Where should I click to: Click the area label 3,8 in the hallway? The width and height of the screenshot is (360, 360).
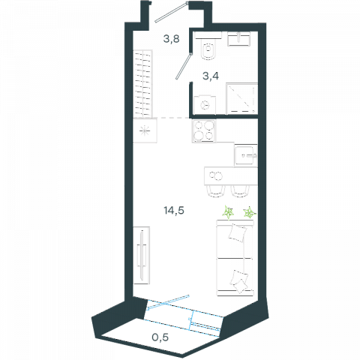(x=172, y=39)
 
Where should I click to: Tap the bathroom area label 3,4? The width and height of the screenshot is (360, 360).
(x=211, y=76)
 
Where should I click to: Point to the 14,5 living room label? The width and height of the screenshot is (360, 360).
(x=174, y=211)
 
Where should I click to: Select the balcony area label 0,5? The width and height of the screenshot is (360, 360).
(x=160, y=337)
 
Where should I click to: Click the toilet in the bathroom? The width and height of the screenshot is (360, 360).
(x=208, y=49)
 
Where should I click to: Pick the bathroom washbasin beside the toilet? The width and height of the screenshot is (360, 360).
(x=238, y=39)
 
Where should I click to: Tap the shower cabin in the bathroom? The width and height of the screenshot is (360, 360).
(x=241, y=99)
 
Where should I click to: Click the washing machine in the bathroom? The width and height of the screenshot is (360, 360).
(x=205, y=105)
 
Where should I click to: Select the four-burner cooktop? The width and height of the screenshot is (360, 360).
(x=204, y=131)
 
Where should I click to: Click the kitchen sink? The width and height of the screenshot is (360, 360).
(x=246, y=156)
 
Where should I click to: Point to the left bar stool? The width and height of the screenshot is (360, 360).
(x=214, y=191)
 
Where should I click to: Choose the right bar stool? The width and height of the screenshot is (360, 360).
(x=240, y=191)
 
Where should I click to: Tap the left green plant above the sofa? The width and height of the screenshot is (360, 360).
(x=229, y=213)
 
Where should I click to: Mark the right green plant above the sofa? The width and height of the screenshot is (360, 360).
(x=250, y=212)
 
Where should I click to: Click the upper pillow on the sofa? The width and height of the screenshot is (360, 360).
(x=237, y=232)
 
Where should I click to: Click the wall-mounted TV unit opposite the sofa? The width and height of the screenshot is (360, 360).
(x=142, y=255)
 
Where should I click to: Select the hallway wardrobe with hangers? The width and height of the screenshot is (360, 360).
(x=142, y=84)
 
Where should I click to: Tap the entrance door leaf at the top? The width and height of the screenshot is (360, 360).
(x=171, y=12)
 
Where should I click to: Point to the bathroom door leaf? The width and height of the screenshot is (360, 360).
(x=184, y=66)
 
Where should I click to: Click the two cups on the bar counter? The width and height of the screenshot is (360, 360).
(x=216, y=175)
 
